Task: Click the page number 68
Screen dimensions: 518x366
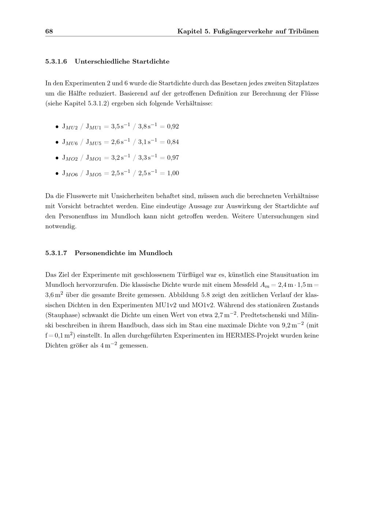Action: [x=49, y=32]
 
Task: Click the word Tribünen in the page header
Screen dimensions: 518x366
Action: [x=303, y=32]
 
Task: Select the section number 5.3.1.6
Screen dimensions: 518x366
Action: [x=56, y=62]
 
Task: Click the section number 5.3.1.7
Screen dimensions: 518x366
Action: [x=56, y=253]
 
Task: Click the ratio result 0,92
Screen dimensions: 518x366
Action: [x=173, y=127]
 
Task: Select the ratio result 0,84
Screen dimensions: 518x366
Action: [x=173, y=142]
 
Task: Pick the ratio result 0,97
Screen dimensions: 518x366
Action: [x=173, y=158]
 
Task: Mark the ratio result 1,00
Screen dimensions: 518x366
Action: [x=173, y=173]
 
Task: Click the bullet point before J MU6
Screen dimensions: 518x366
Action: [x=57, y=142]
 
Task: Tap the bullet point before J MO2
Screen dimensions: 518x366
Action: [x=57, y=158]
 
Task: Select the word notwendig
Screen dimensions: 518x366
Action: [x=61, y=226]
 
